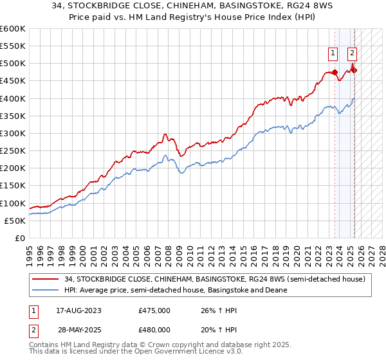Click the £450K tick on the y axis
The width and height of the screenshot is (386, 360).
tap(13, 81)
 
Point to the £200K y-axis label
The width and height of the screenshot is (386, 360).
tap(13, 168)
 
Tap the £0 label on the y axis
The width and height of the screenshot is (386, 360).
tap(21, 239)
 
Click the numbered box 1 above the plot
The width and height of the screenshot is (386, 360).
tap(333, 53)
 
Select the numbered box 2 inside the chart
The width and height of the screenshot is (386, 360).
tap(353, 53)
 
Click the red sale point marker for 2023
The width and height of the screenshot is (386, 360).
tap(335, 72)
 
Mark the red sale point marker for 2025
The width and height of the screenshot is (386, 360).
tap(353, 70)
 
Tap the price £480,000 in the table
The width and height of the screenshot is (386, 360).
tap(154, 329)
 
